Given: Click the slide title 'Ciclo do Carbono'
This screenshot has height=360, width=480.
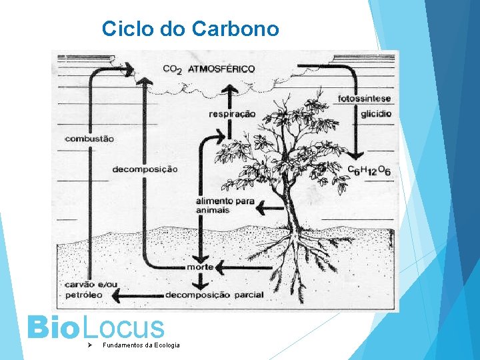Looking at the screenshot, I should [x=190, y=29].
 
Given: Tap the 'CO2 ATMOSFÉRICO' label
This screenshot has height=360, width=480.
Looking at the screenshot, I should [x=209, y=69].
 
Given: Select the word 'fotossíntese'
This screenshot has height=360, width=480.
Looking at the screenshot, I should [x=364, y=99].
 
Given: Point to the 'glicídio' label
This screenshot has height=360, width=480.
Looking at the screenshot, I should [x=376, y=114].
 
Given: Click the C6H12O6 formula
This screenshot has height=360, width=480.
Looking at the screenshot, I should [x=369, y=171].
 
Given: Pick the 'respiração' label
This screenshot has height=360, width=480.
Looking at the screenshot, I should [x=232, y=114].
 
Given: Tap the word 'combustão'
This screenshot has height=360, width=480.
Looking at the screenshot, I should [x=90, y=139].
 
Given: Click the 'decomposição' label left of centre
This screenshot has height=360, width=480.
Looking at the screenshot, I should [x=145, y=169].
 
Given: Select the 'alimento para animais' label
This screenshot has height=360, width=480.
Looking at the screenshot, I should [x=216, y=205].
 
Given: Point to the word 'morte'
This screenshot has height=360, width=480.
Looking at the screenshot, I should [x=200, y=267].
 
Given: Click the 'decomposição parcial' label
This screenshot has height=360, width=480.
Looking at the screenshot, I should [x=214, y=295].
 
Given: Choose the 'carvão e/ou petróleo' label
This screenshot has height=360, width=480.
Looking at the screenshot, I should [x=91, y=289].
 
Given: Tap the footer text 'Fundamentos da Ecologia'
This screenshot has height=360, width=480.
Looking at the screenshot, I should [x=141, y=345].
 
